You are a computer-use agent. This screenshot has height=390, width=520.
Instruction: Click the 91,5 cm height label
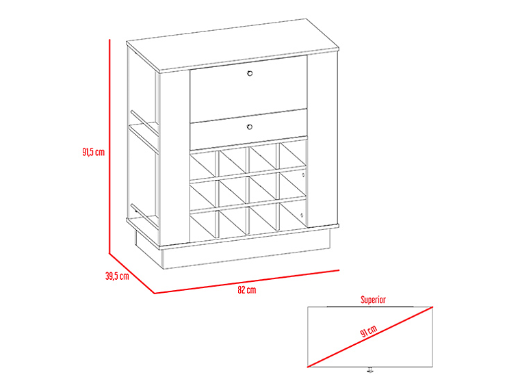tap(93, 152)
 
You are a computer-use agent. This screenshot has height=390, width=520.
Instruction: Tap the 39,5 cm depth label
tap(117, 276)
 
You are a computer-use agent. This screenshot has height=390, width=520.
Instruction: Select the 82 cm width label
tap(247, 290)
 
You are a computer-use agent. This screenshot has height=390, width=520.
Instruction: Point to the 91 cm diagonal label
tap(369, 331)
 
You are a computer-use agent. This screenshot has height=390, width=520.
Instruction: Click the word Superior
tap(373, 300)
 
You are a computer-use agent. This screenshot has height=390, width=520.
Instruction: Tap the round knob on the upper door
tap(250, 73)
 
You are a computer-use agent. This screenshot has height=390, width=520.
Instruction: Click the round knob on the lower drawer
tap(250, 127)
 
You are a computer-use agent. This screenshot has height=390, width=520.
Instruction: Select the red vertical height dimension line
tap(109, 146)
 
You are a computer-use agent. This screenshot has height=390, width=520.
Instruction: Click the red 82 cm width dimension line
tap(247, 282)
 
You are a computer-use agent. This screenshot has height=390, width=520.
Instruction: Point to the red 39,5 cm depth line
tap(132, 273)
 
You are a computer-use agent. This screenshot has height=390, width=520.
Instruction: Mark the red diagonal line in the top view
tap(370, 337)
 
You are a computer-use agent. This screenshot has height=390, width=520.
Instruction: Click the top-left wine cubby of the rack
tap(203, 165)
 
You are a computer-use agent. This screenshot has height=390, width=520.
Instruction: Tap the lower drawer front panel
tap(248, 130)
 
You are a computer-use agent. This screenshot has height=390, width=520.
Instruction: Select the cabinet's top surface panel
tap(233, 44)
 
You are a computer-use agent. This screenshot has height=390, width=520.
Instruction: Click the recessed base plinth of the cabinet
tap(232, 254)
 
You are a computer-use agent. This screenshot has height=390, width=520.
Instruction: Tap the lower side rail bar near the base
tap(145, 216)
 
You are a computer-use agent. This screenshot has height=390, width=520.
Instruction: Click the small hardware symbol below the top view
tap(369, 369)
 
